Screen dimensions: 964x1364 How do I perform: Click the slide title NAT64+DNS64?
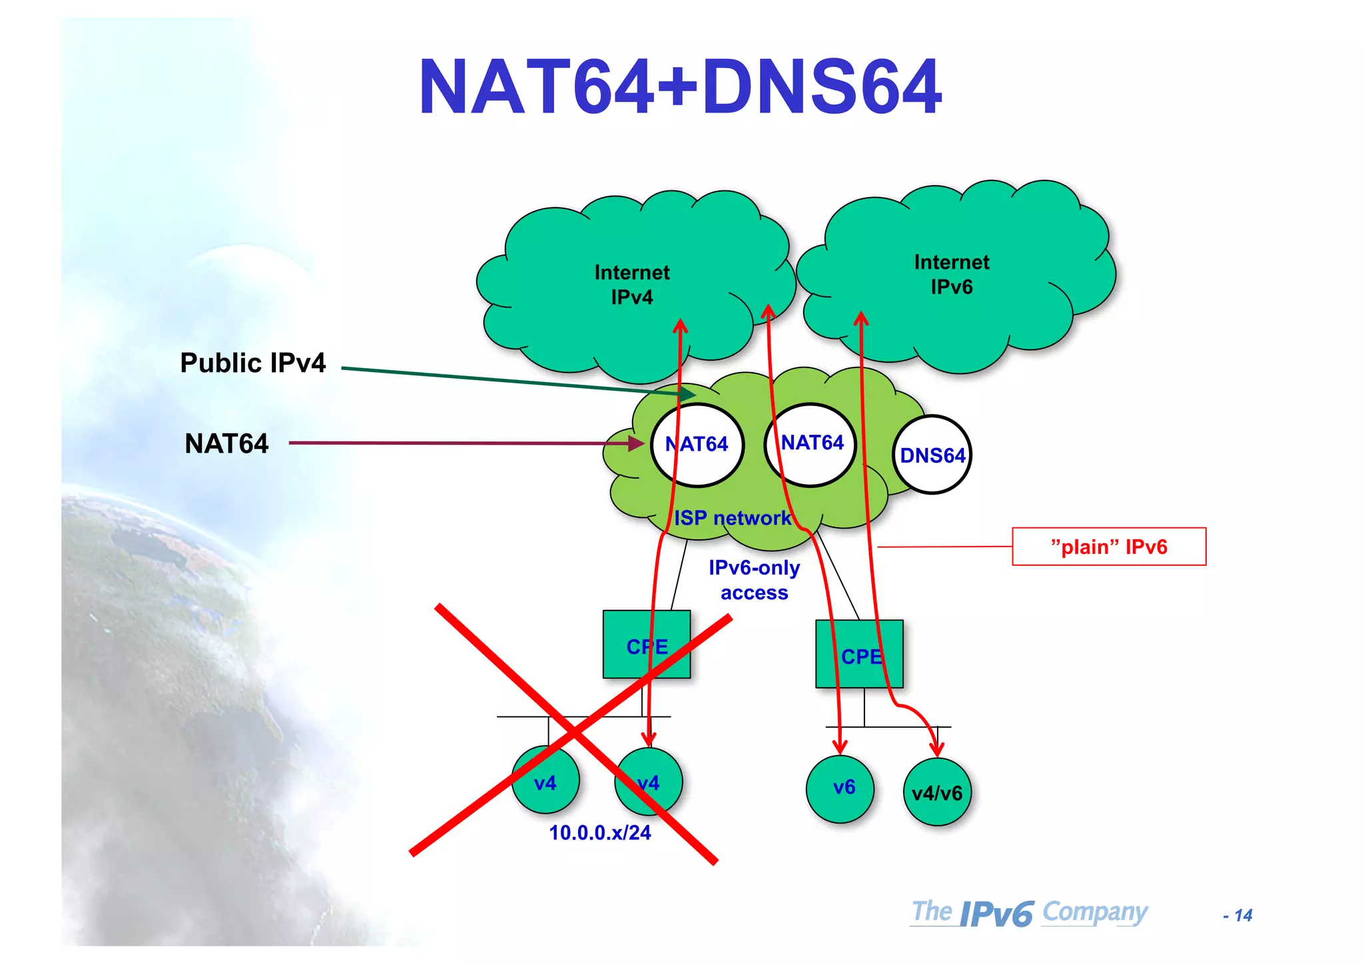click(680, 87)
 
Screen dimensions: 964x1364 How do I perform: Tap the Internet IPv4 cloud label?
click(631, 284)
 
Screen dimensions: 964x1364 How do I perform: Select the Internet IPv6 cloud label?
click(951, 274)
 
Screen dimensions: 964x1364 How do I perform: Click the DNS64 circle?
click(932, 455)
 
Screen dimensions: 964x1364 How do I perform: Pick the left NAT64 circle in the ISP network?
click(697, 444)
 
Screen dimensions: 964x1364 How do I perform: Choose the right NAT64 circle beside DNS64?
click(811, 443)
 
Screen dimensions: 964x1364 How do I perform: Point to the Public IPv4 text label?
click(253, 363)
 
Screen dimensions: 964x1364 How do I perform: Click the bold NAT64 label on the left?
click(226, 444)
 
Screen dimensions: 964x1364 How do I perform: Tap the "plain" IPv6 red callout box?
click(1109, 547)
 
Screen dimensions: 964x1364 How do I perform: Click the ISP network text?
click(733, 518)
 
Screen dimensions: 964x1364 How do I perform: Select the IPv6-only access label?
click(754, 580)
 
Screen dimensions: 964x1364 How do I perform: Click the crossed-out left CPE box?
click(646, 644)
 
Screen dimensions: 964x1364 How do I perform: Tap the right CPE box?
click(859, 654)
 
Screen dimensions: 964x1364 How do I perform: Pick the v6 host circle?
click(840, 789)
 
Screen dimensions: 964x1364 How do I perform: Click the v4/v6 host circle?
click(937, 792)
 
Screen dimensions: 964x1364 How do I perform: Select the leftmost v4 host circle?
click(545, 782)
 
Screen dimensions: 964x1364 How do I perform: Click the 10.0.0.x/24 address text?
click(599, 833)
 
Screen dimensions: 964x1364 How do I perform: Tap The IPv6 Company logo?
click(1029, 913)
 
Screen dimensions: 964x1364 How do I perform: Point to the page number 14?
click(1239, 915)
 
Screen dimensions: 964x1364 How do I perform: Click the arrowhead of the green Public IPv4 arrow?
click(689, 395)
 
